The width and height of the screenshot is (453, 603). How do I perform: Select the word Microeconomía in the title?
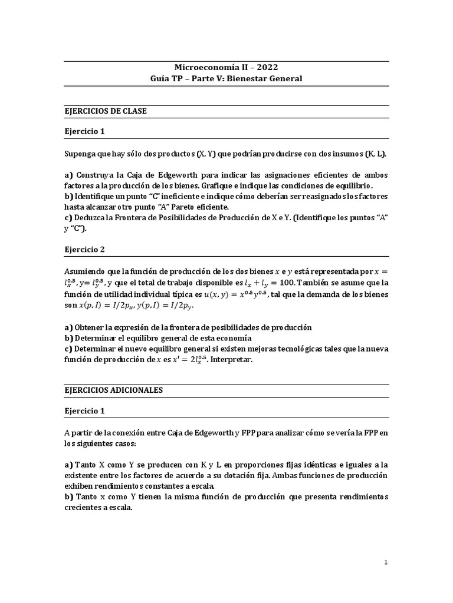click(205, 67)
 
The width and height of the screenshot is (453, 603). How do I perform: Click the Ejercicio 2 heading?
click(84, 249)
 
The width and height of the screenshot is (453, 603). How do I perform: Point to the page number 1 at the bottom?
click(386, 562)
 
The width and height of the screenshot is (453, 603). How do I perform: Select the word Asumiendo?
click(86, 271)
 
